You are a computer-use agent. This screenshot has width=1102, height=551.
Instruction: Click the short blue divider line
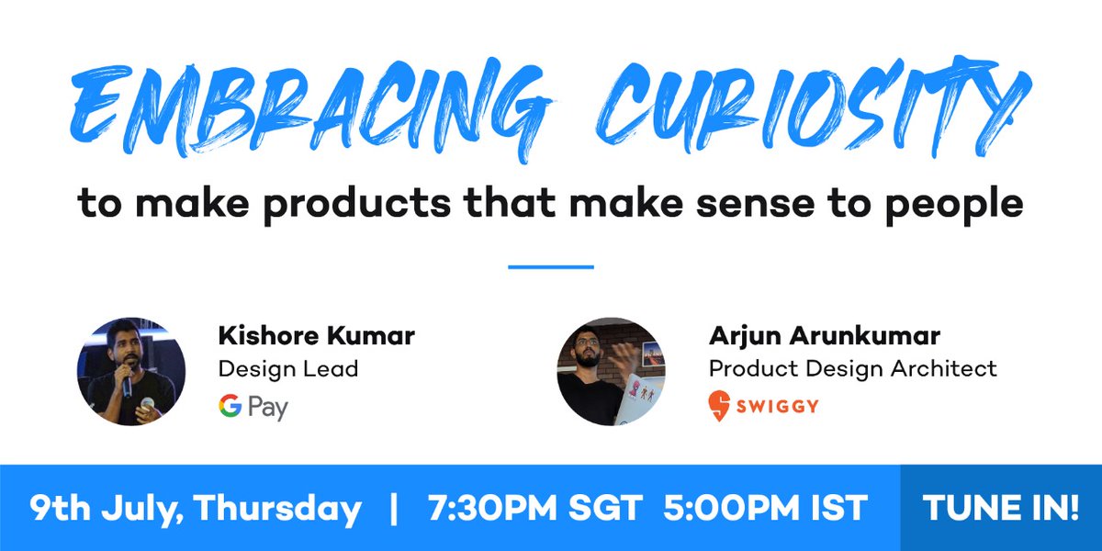551,267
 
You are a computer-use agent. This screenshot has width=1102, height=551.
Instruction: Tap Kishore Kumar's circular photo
131,372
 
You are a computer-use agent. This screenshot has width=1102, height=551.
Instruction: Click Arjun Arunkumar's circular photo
611,372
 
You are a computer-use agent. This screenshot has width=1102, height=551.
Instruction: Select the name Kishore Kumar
316,336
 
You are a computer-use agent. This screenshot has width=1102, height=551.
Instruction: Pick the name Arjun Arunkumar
825,336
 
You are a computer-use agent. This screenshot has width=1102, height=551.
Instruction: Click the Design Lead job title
287,369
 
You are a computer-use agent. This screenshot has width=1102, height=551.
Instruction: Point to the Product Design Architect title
852,369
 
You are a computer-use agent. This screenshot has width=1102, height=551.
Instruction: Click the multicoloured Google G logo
230,406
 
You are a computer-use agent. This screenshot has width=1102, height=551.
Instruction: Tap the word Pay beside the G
267,408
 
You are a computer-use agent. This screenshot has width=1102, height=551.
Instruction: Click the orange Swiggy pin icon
720,406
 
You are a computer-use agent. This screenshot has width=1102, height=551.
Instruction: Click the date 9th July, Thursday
195,509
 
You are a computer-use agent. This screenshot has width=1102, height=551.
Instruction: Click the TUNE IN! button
1000,509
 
